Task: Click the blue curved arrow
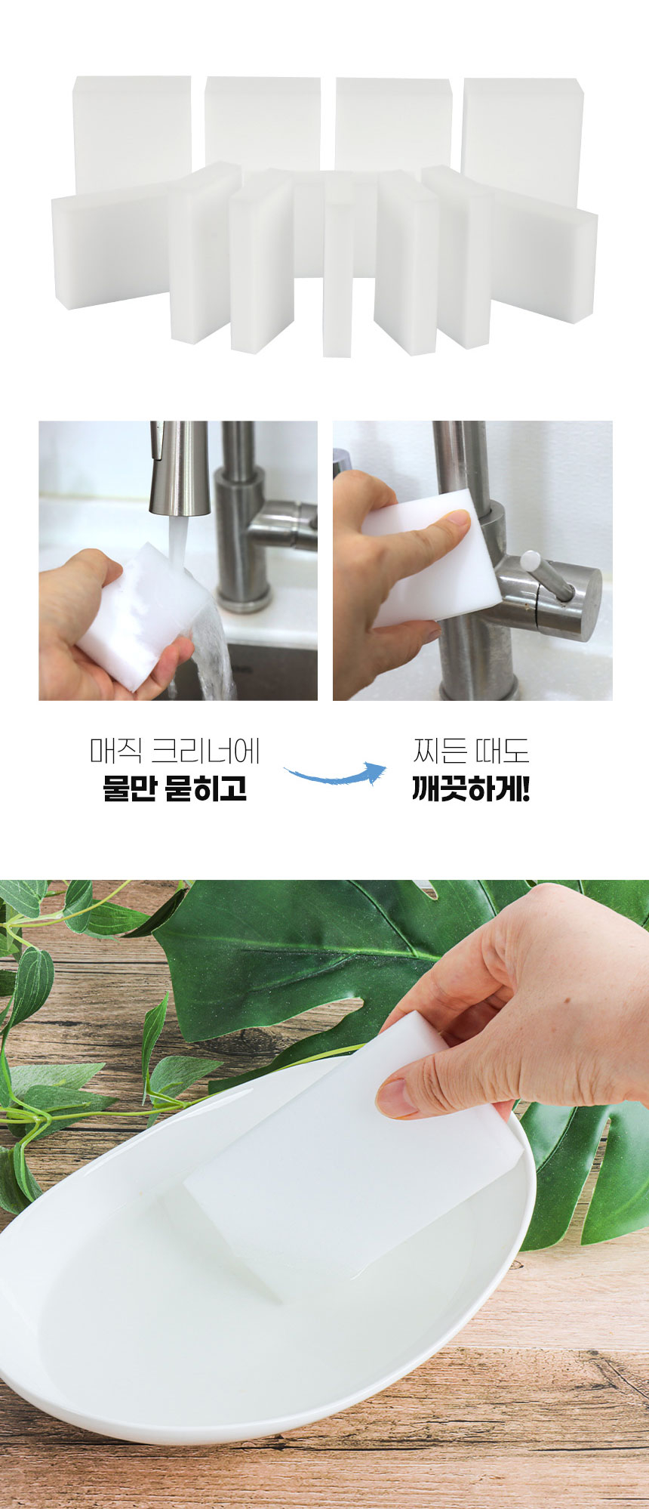click(x=336, y=775)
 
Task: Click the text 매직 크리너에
click(x=175, y=751)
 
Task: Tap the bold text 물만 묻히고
click(x=175, y=788)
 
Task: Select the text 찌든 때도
click(x=471, y=751)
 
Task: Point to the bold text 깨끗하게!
click(x=471, y=788)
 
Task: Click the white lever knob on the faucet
click(x=531, y=561)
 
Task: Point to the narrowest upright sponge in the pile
click(x=337, y=279)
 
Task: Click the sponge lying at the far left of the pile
click(x=109, y=245)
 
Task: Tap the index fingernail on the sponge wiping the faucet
click(x=457, y=517)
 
